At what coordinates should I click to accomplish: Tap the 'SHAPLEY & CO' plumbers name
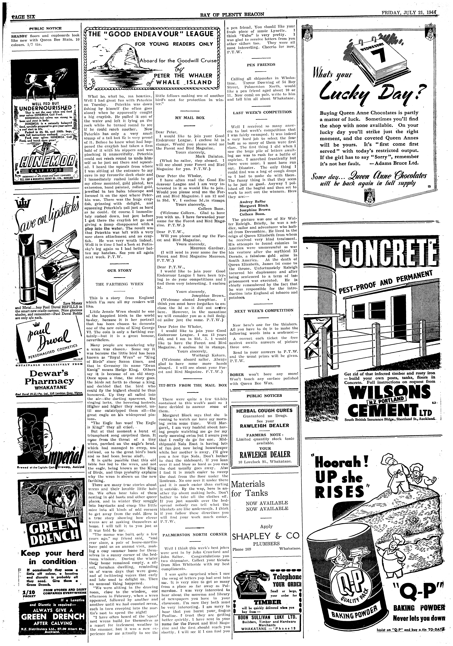click(x=265, y=535)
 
